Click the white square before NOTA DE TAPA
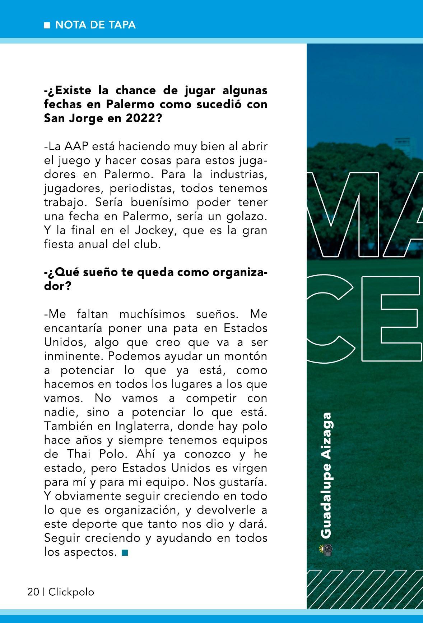[47, 25]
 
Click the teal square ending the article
[125, 552]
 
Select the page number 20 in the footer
[33, 592]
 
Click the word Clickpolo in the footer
[71, 592]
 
